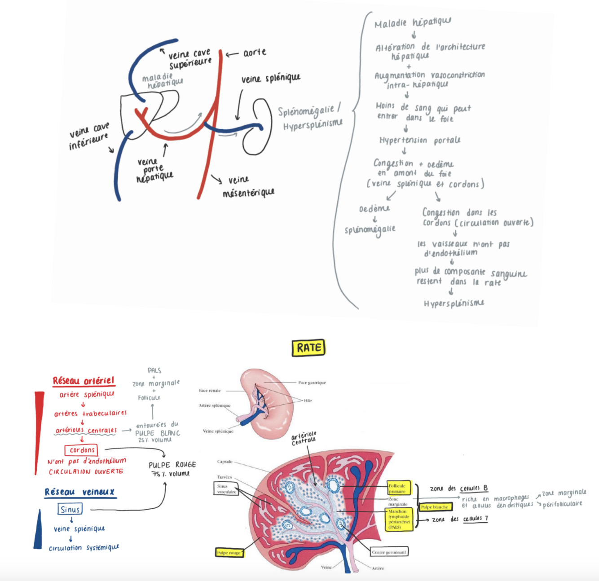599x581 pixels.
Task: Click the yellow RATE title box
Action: pyautogui.click(x=308, y=348)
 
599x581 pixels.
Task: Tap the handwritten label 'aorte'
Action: pyautogui.click(x=255, y=53)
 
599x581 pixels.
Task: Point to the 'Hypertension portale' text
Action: pyautogui.click(x=420, y=141)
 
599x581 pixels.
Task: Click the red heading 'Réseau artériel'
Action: pyautogui.click(x=84, y=381)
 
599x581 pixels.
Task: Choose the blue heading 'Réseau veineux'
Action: pyautogui.click(x=80, y=492)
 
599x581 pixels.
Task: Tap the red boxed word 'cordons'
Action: pyautogui.click(x=82, y=450)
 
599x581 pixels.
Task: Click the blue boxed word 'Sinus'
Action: pyautogui.click(x=70, y=509)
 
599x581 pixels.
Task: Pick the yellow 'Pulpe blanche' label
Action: pyautogui.click(x=434, y=507)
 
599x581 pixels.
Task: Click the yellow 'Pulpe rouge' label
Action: pyautogui.click(x=229, y=553)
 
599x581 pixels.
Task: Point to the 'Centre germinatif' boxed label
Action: pyautogui.click(x=389, y=552)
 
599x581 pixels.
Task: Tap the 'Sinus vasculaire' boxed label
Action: pyautogui.click(x=226, y=489)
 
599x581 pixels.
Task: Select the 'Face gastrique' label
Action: pyautogui.click(x=312, y=383)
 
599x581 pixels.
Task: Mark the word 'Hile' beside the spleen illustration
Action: pyautogui.click(x=308, y=401)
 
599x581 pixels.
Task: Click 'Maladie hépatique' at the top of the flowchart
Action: pyautogui.click(x=413, y=22)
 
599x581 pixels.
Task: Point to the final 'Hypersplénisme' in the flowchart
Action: pyautogui.click(x=454, y=304)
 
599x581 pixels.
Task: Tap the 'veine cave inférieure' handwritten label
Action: pyautogui.click(x=89, y=135)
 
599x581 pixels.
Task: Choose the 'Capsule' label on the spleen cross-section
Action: pyautogui.click(x=225, y=462)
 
